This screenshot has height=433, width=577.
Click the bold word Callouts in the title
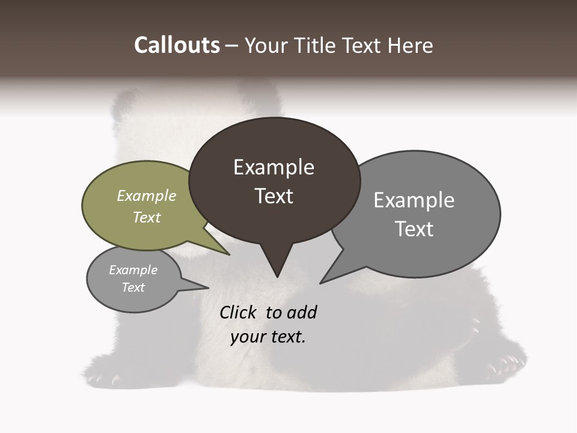tap(177, 45)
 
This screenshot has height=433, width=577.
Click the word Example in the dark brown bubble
tap(273, 167)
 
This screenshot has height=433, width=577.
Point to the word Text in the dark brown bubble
tap(274, 196)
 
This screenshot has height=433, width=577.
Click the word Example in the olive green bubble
tap(147, 195)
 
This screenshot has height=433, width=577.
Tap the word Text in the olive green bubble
tap(147, 217)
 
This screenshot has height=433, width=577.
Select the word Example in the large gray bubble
tap(414, 200)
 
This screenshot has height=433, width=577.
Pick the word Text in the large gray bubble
tap(414, 229)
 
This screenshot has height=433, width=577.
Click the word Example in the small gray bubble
tap(133, 270)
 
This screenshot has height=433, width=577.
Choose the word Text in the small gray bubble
tap(133, 287)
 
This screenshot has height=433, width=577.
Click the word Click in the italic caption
tap(239, 313)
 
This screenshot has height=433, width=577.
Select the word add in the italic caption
tap(301, 313)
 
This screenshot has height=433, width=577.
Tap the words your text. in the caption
tap(268, 337)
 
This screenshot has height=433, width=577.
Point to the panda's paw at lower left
tap(105, 376)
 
